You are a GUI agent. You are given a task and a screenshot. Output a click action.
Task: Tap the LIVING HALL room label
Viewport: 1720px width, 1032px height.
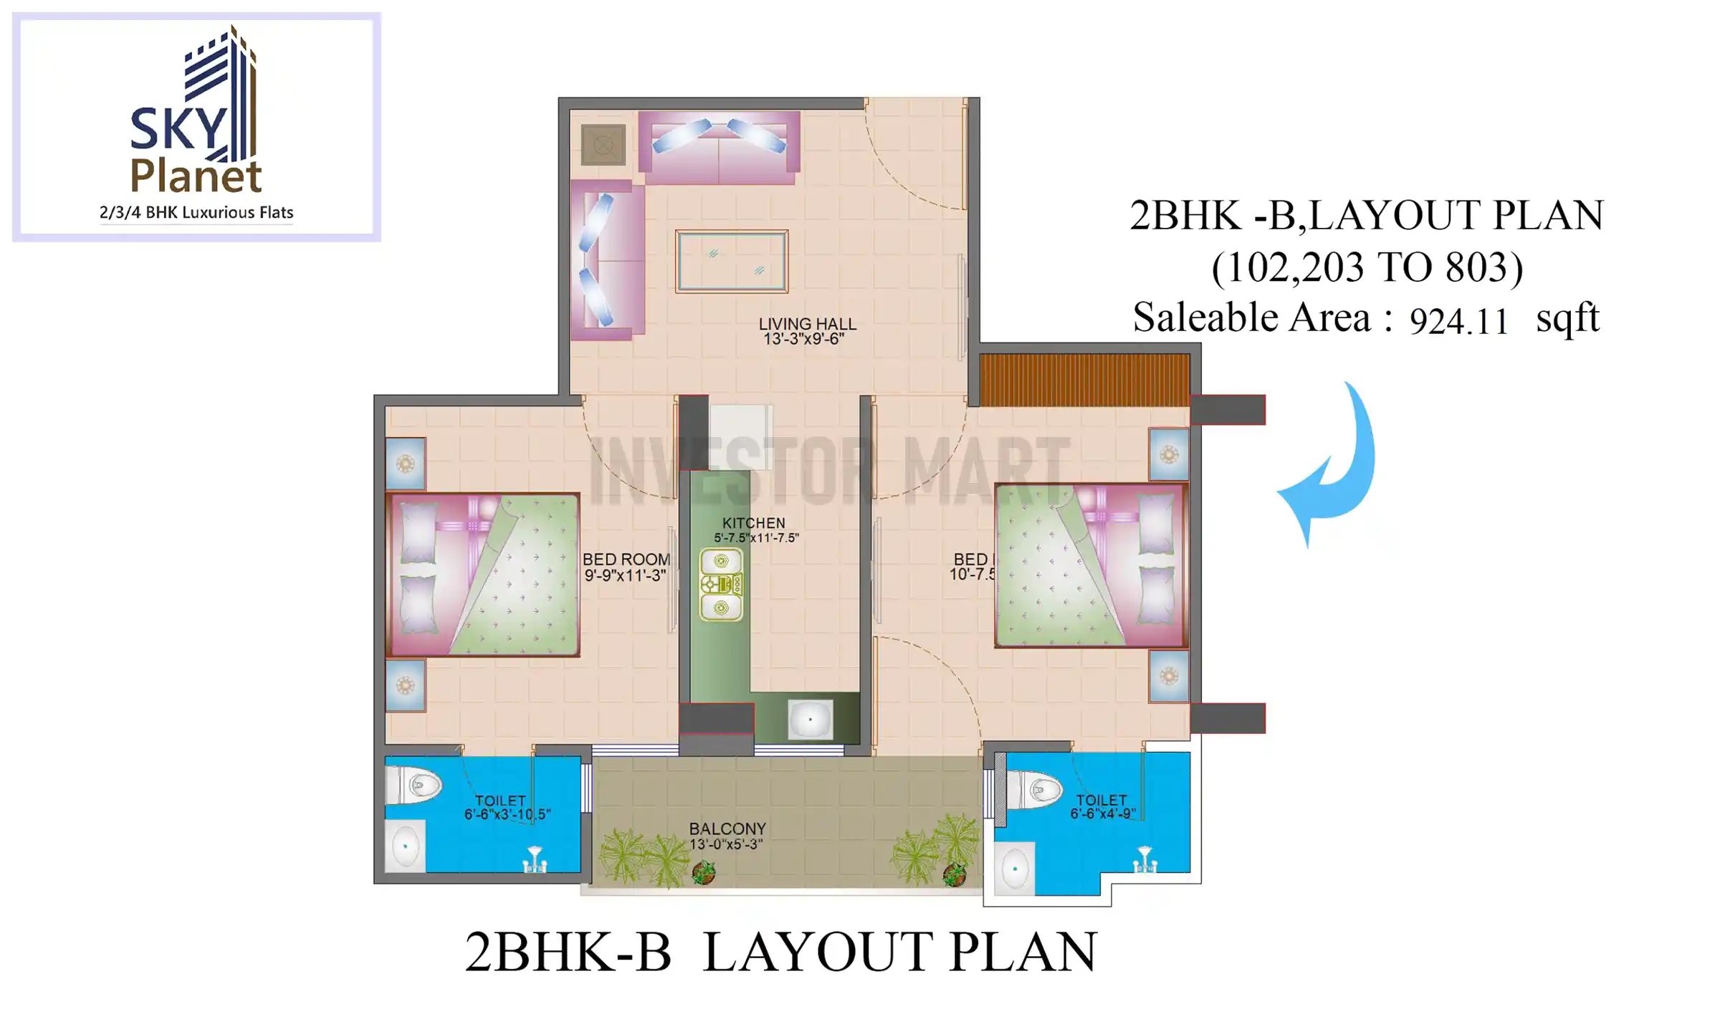click(x=807, y=324)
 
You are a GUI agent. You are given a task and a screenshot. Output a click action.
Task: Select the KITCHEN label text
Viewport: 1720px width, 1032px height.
click(x=753, y=523)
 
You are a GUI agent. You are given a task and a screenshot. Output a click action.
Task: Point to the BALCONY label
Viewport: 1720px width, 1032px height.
click(x=727, y=828)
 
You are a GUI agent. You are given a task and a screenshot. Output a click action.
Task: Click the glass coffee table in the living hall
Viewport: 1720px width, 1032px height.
click(x=732, y=261)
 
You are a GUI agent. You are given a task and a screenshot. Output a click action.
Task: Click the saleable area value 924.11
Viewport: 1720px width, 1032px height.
click(x=1458, y=321)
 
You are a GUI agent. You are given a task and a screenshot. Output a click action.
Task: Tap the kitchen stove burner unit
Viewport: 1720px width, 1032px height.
click(x=721, y=585)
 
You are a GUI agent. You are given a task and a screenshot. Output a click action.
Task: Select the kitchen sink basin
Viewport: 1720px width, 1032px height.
click(x=811, y=719)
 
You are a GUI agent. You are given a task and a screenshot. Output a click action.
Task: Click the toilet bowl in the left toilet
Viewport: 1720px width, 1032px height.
click(x=414, y=785)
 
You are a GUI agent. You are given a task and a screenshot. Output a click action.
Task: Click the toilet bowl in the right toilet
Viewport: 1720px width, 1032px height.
click(x=1035, y=790)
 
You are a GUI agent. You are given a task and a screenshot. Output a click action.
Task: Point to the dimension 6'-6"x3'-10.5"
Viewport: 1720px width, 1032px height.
click(x=507, y=814)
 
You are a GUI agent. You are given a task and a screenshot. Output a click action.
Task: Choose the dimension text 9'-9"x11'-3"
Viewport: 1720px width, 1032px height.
click(x=625, y=575)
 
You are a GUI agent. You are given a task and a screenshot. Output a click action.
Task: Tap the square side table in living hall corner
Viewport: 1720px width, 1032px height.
click(x=603, y=145)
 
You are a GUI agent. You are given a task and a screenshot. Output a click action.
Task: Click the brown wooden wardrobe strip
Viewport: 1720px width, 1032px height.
click(x=1084, y=379)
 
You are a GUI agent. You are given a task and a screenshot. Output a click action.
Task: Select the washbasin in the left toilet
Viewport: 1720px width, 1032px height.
click(x=406, y=846)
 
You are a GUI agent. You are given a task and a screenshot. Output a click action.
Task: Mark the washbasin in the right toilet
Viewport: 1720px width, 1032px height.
click(x=1015, y=869)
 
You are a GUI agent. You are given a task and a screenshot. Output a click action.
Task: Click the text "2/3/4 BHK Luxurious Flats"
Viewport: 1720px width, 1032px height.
click(x=196, y=213)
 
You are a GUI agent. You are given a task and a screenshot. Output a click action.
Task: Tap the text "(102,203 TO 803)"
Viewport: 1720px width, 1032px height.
click(x=1367, y=267)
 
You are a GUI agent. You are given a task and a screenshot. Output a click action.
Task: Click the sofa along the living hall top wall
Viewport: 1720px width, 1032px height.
click(x=719, y=147)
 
